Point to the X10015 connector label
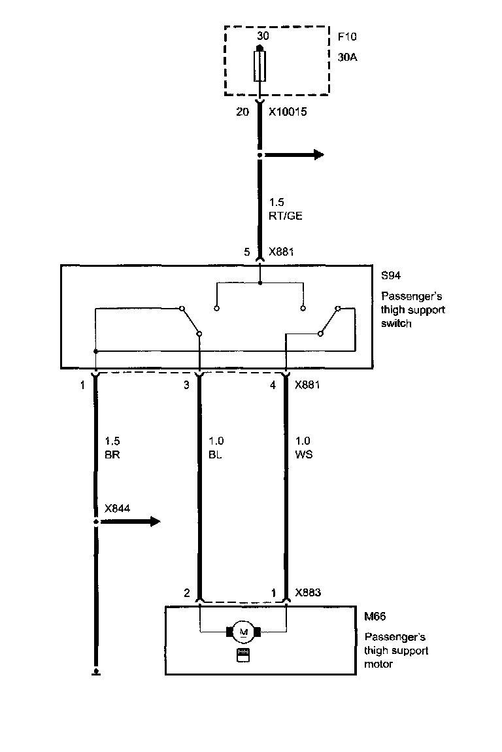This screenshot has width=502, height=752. point(288,112)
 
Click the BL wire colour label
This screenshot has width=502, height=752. point(214,454)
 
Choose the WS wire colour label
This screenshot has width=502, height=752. point(304,454)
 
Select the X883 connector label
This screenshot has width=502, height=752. point(308,593)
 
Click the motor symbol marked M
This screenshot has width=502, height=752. point(244,632)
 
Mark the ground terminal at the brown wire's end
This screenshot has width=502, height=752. point(96,670)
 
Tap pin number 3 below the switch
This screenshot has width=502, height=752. point(186,385)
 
